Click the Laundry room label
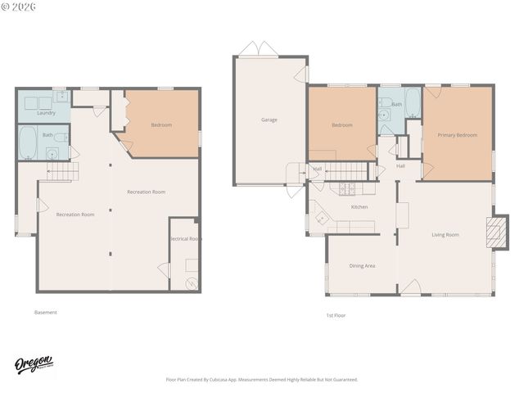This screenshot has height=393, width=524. click(46, 113)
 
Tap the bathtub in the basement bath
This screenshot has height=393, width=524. click(28, 142)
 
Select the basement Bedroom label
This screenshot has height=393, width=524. click(161, 125)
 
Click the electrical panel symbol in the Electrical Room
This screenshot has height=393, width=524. click(192, 283)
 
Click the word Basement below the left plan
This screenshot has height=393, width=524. click(46, 312)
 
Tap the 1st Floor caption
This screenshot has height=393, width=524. click(337, 314)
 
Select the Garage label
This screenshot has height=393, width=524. click(269, 120)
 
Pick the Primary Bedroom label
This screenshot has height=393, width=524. click(457, 135)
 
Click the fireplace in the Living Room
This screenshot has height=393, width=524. click(494, 232)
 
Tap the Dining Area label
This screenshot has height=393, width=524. click(362, 265)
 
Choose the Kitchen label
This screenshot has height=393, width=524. click(359, 207)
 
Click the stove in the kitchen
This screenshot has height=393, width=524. click(347, 188)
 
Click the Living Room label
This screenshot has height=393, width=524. click(445, 235)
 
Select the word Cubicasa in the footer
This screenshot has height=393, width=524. click(234, 380)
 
